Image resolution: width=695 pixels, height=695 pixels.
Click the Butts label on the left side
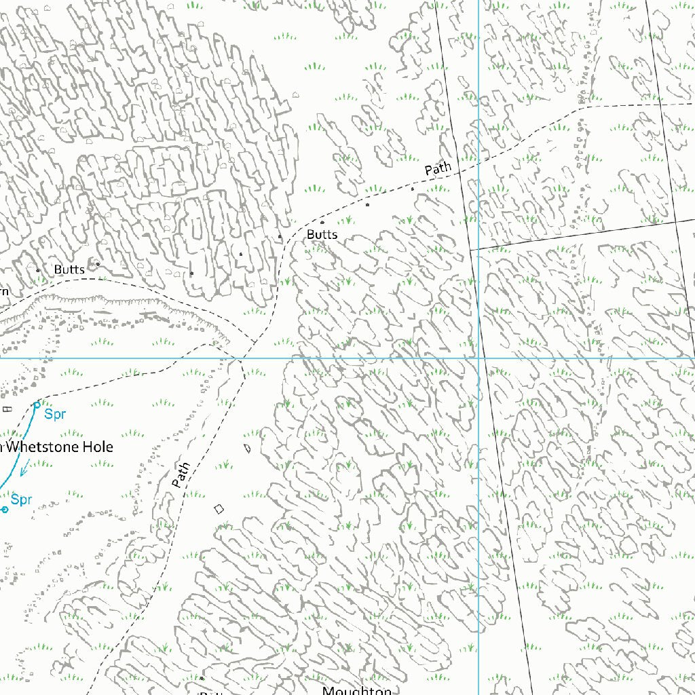69,269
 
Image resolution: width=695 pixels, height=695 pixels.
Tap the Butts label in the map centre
322,235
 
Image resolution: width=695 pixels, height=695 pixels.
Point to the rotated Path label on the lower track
181,474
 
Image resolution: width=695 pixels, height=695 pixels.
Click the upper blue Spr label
55,413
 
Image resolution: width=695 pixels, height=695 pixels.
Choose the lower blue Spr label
22,500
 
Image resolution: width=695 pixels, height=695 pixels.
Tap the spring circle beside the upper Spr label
37,405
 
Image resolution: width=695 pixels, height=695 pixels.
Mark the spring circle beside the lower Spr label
5,509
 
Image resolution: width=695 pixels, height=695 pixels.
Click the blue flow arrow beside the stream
24,468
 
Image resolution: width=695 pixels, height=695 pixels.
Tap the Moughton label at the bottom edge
357,690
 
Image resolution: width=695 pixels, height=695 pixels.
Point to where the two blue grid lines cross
479,358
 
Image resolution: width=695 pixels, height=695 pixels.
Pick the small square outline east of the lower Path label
219,508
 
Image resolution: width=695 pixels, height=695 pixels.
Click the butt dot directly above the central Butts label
322,222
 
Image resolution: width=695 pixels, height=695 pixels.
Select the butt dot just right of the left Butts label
98,263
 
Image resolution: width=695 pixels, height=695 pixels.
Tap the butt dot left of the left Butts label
38,270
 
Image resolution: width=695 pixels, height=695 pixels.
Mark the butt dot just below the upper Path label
413,189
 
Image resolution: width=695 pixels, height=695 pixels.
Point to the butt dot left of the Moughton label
202,677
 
